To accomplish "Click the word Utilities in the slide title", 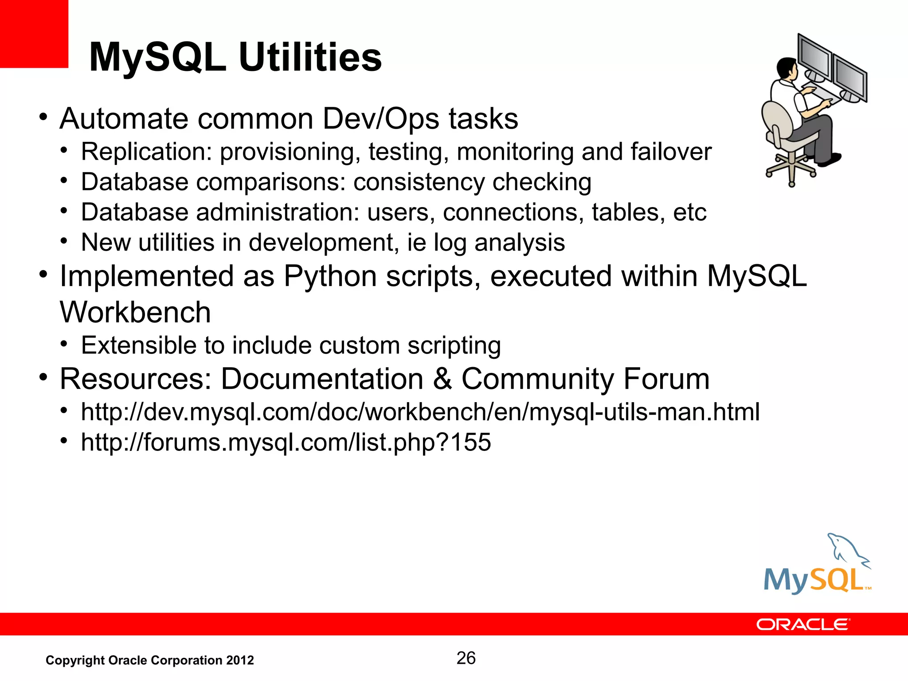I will [310, 58].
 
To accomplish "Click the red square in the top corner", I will [34, 34].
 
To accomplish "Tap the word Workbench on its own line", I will [135, 313].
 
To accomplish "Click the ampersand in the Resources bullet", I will [442, 380].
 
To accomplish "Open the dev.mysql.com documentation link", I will [420, 412].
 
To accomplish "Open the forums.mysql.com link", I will [286, 442].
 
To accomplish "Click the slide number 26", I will [466, 658].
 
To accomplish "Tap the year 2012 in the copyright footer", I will [240, 661].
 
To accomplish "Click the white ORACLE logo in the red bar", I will [802, 625].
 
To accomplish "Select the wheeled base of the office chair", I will [792, 171].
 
